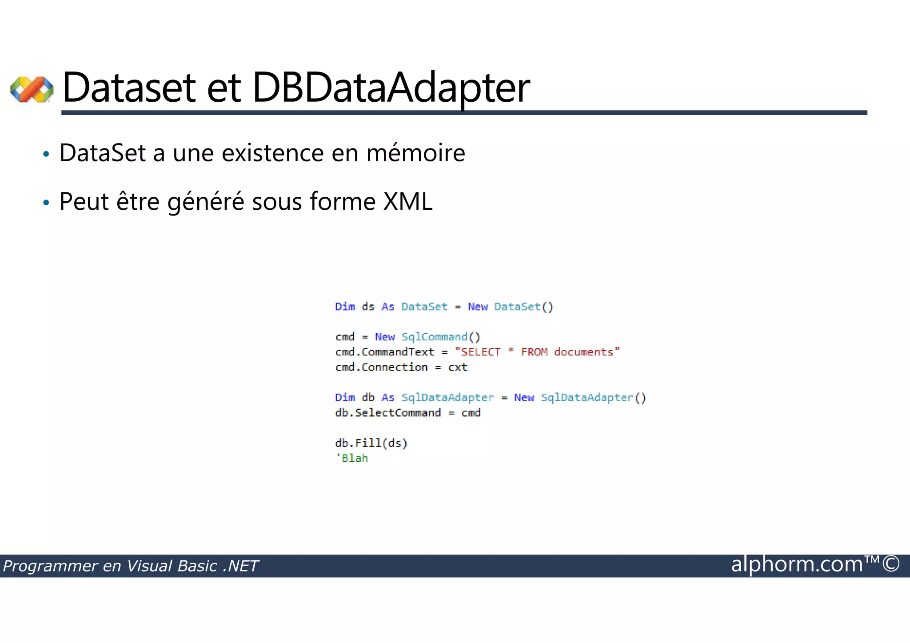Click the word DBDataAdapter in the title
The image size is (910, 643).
[391, 88]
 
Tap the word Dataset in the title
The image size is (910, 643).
[129, 88]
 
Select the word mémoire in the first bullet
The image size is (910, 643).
[415, 153]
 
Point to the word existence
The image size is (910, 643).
[272, 153]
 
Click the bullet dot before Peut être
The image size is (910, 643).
[46, 203]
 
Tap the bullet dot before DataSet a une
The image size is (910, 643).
[46, 155]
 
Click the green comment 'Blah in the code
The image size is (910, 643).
[352, 458]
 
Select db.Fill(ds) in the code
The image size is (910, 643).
[371, 443]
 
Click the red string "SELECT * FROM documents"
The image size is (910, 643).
[537, 352]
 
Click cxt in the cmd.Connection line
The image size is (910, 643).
[458, 367]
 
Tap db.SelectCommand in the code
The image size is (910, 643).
[388, 413]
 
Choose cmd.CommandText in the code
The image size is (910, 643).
[384, 352]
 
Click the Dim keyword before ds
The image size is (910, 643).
[345, 307]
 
